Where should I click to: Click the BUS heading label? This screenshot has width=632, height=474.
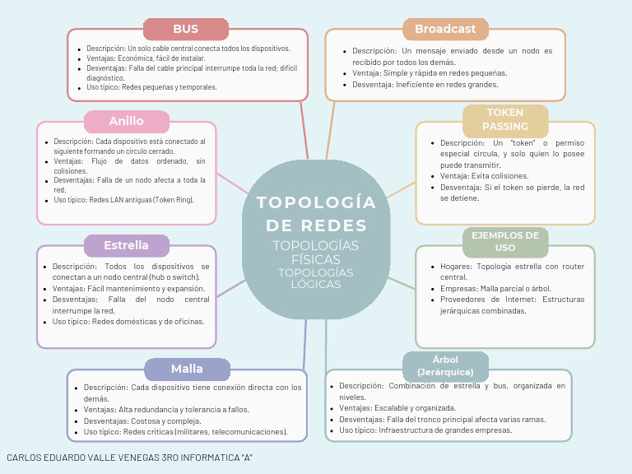coord(186,29)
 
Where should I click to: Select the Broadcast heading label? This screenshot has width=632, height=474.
coord(445,29)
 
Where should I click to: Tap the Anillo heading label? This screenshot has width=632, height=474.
coord(127,121)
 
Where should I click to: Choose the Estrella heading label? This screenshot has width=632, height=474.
coord(127,245)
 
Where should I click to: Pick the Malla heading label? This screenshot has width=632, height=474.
coord(187,369)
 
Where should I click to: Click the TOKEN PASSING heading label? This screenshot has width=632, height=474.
coord(505,119)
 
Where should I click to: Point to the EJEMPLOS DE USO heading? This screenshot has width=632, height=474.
coord(505,241)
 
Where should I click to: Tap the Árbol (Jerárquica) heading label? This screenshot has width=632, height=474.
coord(445,365)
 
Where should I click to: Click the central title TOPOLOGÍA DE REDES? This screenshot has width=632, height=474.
coord(316,214)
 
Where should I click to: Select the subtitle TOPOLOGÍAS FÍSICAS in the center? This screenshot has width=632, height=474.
coord(316,253)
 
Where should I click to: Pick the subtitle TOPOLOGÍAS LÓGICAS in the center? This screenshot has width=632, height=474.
coord(316,278)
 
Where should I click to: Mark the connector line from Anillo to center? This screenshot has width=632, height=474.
coord(233,184)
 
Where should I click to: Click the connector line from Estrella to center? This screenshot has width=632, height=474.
coord(231,289)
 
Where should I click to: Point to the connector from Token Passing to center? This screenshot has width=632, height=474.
coord(401,190)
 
